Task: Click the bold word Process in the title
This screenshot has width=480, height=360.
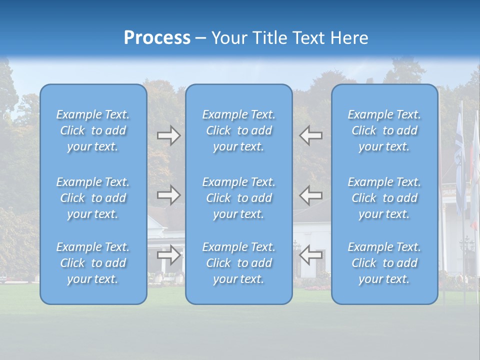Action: coord(157,38)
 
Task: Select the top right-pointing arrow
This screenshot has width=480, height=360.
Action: coord(168,135)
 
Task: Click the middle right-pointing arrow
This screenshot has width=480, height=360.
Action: coord(168,195)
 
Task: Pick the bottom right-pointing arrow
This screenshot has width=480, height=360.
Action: coord(168,255)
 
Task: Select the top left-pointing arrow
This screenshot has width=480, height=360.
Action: coord(311,135)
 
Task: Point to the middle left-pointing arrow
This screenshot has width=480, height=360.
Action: coord(311,195)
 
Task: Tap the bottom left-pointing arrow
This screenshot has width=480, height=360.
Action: coord(311,255)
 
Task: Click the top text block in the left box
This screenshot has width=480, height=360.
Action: coord(93,130)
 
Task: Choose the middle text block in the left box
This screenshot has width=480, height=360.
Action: coord(93,198)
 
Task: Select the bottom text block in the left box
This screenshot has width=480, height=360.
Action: coord(93,263)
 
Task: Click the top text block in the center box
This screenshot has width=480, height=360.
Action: coord(239,130)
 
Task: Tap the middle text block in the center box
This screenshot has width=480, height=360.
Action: coord(239,198)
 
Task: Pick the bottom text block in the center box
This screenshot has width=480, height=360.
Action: coord(239,263)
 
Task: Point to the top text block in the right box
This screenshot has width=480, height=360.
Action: coord(384,130)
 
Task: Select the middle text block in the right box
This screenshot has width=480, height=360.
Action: coord(384,198)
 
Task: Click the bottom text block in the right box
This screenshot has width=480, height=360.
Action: coord(384,263)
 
